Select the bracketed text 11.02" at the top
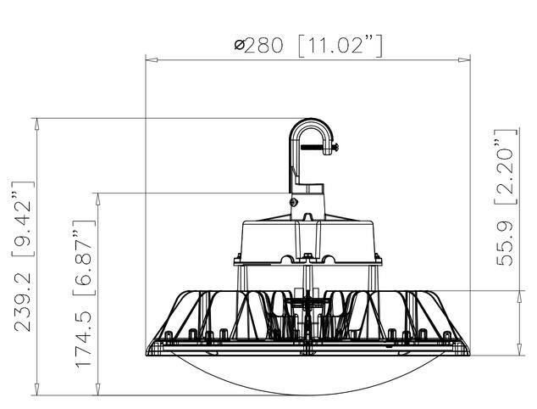(x=340, y=45)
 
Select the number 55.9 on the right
(x=506, y=241)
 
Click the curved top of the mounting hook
(x=311, y=123)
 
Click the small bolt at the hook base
(x=293, y=203)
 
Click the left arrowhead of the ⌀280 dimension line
(x=149, y=59)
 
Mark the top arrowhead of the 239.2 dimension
(x=36, y=122)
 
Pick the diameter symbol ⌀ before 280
(x=240, y=45)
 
